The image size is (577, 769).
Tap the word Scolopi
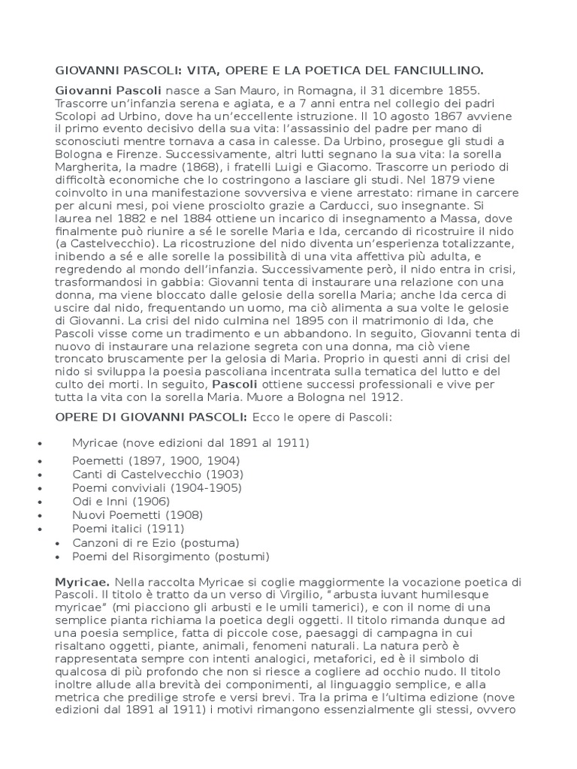(76, 116)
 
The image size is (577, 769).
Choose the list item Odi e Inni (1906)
(121, 501)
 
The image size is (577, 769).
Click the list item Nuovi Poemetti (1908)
(137, 514)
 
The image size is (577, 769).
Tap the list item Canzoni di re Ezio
(156, 542)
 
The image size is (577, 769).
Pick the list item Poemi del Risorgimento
(171, 556)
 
